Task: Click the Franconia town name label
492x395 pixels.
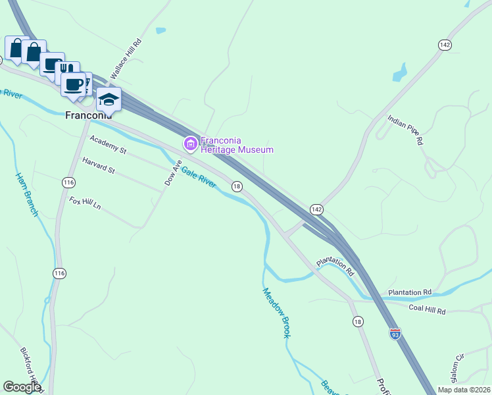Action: tap(93, 115)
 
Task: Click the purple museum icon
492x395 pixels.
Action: tap(190, 143)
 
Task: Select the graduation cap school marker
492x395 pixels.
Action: tap(109, 99)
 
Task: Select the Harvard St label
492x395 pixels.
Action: tap(99, 165)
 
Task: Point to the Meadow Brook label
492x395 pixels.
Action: tap(276, 313)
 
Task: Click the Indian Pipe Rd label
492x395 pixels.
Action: tap(405, 128)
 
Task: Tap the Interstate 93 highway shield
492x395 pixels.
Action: tap(395, 334)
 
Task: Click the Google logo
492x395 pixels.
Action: tap(22, 387)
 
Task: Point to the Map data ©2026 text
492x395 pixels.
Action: tap(464, 390)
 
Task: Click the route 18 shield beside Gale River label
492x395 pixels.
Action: tap(237, 187)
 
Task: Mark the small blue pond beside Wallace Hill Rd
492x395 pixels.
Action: tap(160, 30)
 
